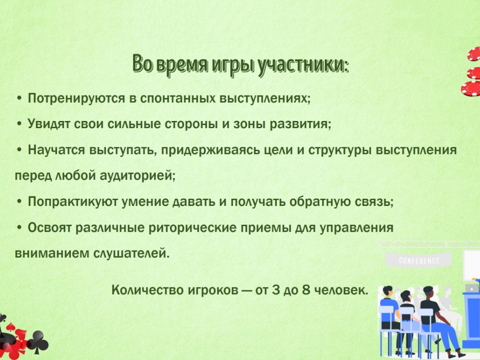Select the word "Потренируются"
click(76, 98)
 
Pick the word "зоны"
click(250, 124)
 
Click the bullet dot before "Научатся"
click(19, 150)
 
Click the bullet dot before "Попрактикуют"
click(19, 202)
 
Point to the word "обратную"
click(320, 202)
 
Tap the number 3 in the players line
click(276, 289)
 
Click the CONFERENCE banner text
click(419, 261)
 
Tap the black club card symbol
click(38, 342)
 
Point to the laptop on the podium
click(472, 288)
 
